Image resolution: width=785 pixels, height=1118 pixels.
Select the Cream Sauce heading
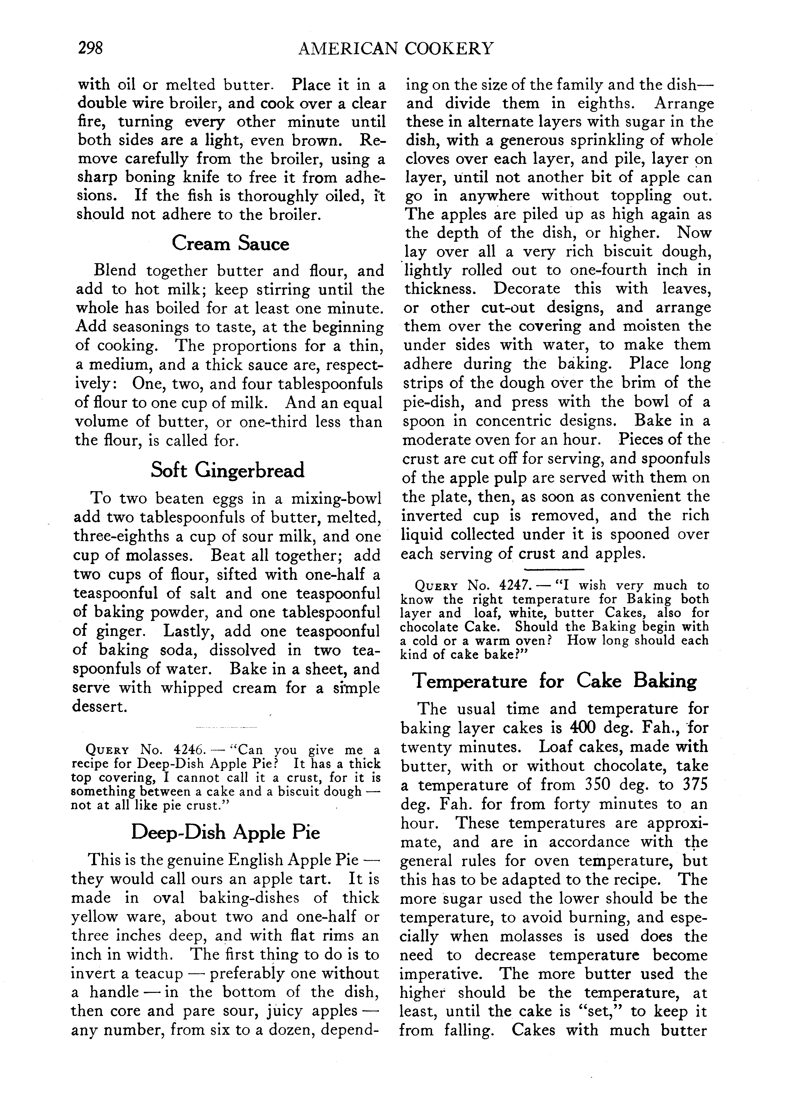click(230, 243)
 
